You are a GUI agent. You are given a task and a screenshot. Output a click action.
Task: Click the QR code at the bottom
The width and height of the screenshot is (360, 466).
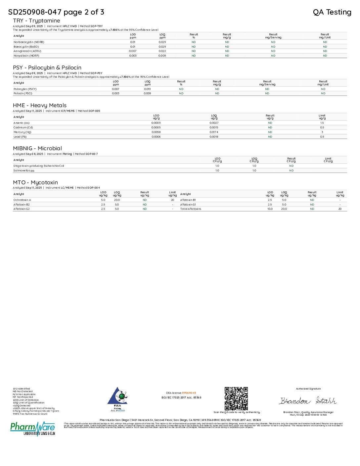click(236, 398)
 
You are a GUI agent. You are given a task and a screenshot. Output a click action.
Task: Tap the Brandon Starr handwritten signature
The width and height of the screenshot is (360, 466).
click(308, 401)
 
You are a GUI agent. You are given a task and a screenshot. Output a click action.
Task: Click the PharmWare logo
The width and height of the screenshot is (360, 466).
click(33, 429)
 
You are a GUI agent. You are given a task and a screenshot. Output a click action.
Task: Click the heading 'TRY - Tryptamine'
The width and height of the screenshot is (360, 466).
click(36, 21)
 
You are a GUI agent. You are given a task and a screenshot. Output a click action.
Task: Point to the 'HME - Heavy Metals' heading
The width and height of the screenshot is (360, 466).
click(40, 105)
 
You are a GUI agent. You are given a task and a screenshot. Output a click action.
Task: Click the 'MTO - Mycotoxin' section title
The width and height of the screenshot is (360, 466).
click(35, 182)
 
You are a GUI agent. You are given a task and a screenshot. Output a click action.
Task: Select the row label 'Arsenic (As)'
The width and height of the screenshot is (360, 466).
click(22, 123)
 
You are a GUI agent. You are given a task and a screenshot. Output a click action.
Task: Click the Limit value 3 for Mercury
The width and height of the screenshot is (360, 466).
click(322, 132)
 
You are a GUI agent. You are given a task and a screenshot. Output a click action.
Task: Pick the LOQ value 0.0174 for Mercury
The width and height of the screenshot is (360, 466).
click(214, 132)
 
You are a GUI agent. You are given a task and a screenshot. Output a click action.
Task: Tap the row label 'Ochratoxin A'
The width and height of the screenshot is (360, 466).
click(22, 200)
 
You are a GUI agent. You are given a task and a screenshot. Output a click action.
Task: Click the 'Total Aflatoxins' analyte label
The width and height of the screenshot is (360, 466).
click(191, 209)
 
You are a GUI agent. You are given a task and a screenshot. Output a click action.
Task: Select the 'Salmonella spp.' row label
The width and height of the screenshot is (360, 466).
click(24, 170)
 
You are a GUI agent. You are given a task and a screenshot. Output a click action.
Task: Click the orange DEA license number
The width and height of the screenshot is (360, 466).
click(189, 393)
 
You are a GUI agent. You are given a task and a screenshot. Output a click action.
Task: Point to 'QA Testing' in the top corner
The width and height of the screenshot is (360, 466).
click(332, 12)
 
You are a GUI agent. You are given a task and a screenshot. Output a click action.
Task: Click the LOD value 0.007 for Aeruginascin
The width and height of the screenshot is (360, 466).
click(133, 51)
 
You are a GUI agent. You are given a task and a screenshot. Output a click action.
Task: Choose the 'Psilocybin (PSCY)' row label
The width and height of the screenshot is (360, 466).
click(25, 89)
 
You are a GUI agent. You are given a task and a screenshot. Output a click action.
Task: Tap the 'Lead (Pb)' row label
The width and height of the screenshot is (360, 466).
click(20, 137)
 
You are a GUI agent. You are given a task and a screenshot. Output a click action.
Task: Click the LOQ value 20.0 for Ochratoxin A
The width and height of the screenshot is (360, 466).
click(117, 200)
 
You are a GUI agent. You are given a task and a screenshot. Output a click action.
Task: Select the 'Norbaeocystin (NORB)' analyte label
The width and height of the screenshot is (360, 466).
click(29, 42)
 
